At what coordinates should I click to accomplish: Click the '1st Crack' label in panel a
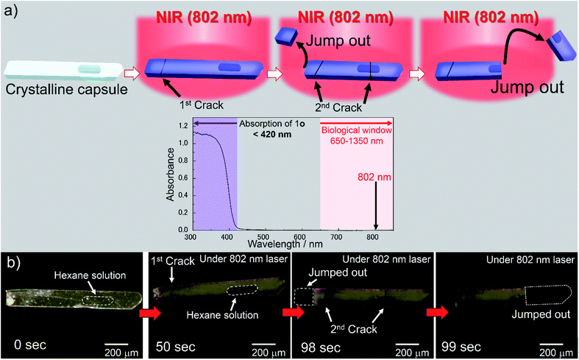coord(183,96)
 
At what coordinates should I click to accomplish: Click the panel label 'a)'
coord(11,11)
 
